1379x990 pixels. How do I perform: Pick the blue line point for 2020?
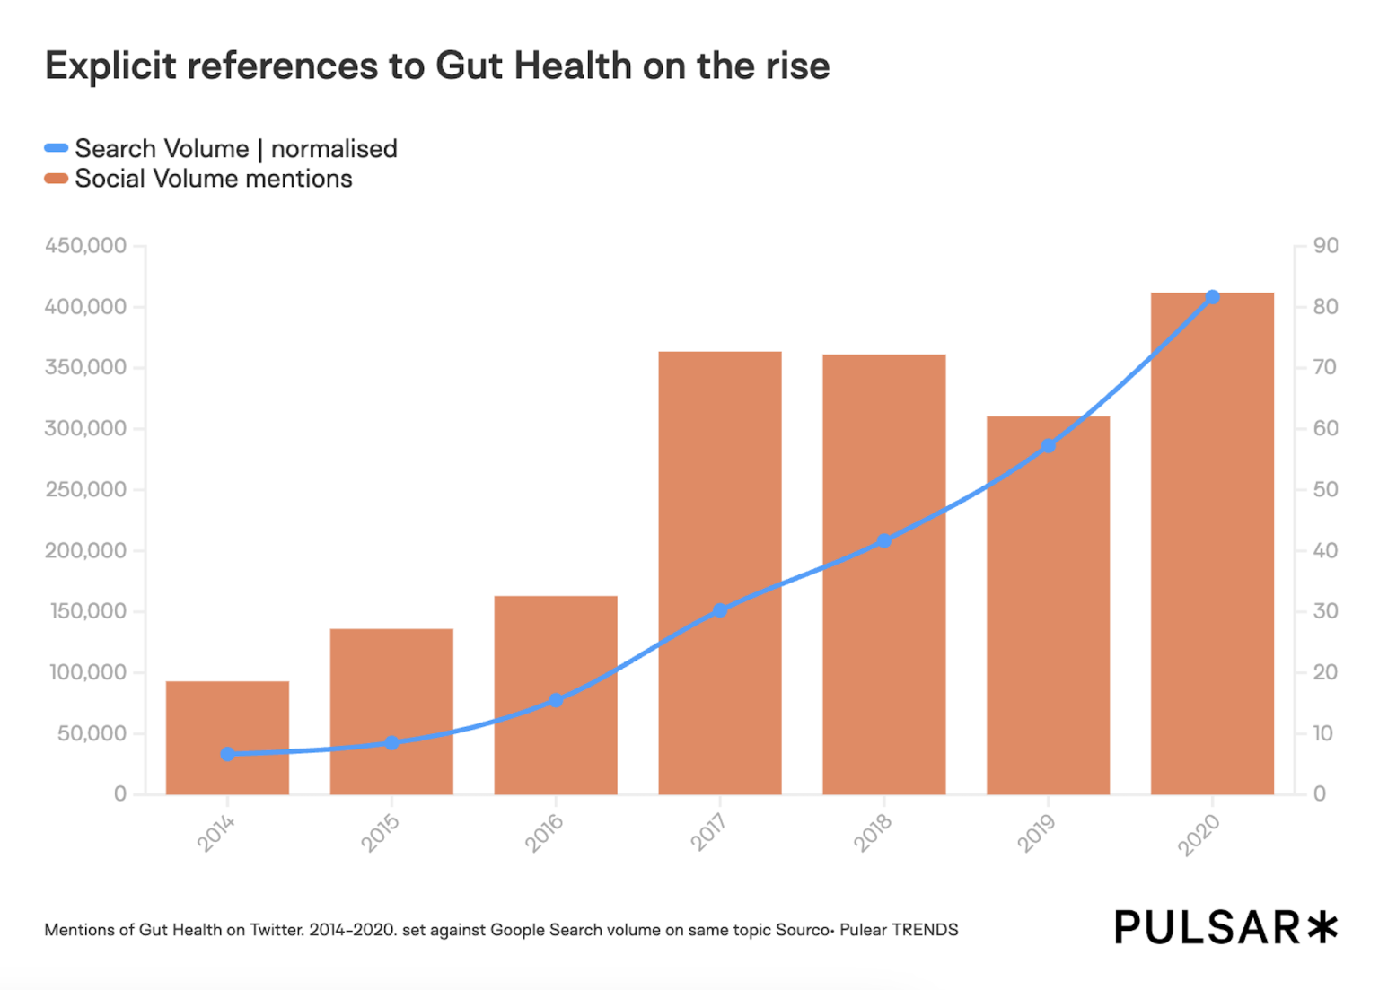click(x=1212, y=297)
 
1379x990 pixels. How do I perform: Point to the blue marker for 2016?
click(x=556, y=700)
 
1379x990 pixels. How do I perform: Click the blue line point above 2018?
click(x=884, y=541)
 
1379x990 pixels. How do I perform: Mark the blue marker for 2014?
click(x=227, y=754)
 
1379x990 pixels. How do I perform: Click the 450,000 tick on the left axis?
click(x=86, y=246)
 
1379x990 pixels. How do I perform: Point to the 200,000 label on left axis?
click(x=86, y=550)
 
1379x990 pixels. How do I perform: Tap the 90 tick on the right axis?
click(x=1325, y=246)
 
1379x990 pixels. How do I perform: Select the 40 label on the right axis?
click(x=1325, y=550)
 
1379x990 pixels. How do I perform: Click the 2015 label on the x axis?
click(x=380, y=834)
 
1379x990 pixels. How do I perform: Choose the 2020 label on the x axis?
click(x=1199, y=835)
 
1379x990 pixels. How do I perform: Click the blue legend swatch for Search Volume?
click(x=57, y=148)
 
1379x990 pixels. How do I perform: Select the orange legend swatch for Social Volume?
click(x=57, y=179)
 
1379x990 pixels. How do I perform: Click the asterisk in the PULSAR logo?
click(x=1322, y=927)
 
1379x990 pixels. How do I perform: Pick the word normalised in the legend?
click(x=334, y=149)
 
